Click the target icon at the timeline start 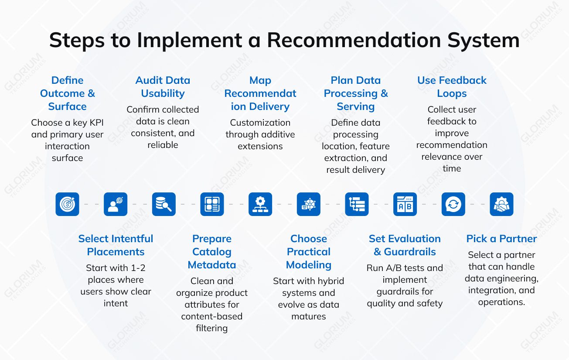point(67,204)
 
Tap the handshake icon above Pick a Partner point(501,204)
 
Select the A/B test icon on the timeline point(405,204)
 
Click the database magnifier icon point(164,204)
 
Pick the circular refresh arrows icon point(453,204)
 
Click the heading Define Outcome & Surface point(67,93)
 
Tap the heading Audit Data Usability point(163,87)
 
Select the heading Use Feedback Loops point(452,87)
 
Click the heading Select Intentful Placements point(116,245)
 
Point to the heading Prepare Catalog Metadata point(212,252)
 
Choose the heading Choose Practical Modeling point(309,252)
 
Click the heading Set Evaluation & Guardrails point(405,245)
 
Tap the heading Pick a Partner point(501,239)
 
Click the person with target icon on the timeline point(116,204)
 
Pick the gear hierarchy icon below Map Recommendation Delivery point(260,204)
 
